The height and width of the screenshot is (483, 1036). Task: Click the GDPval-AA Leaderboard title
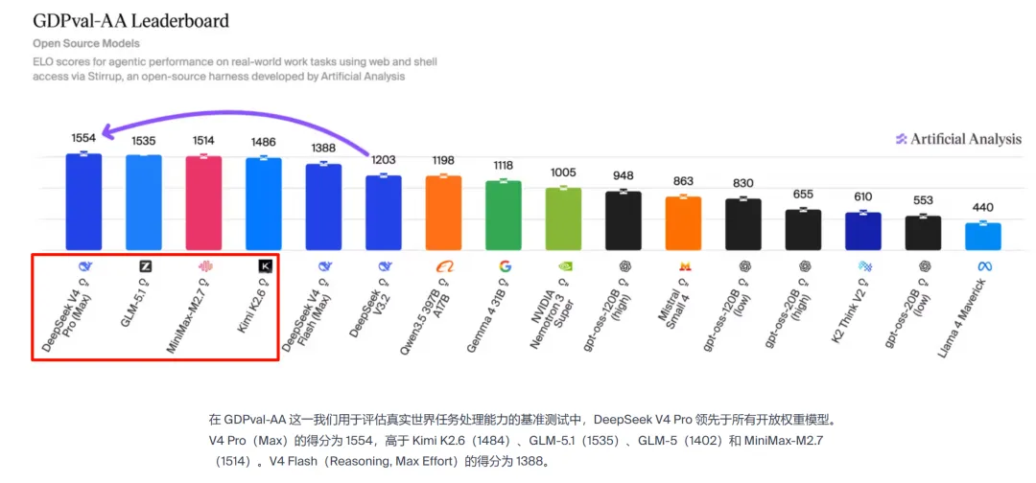click(x=130, y=20)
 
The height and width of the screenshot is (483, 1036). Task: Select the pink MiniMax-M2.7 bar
click(x=203, y=202)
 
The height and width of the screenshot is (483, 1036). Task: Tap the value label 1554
click(x=83, y=138)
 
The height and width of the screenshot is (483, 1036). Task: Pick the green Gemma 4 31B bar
click(x=504, y=214)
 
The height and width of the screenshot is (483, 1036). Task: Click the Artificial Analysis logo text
click(x=965, y=139)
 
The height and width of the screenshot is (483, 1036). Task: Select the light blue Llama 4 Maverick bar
click(x=983, y=236)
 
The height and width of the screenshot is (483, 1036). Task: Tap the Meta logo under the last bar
click(x=983, y=265)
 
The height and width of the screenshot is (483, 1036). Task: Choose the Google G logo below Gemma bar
click(x=505, y=265)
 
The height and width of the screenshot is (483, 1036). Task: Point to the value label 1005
click(x=564, y=172)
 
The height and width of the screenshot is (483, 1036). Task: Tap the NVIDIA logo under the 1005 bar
click(x=564, y=265)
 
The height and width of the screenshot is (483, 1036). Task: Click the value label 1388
click(x=323, y=148)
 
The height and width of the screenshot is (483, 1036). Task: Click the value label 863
click(x=683, y=181)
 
